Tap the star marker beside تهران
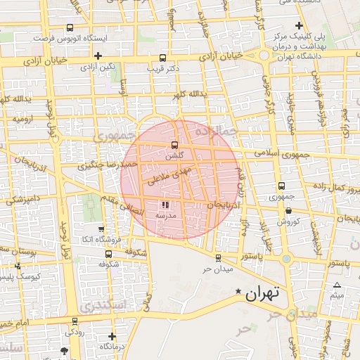click(x=238, y=291)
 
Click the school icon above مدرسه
click(x=155, y=205)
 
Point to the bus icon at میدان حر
click(x=218, y=258)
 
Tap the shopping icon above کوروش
click(x=288, y=211)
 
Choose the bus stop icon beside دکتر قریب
click(x=163, y=58)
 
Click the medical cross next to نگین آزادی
click(x=98, y=56)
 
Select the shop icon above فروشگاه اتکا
click(x=101, y=229)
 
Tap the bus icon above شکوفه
click(x=108, y=253)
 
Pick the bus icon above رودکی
click(x=75, y=320)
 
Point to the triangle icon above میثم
click(x=337, y=285)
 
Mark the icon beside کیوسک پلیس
click(x=18, y=266)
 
